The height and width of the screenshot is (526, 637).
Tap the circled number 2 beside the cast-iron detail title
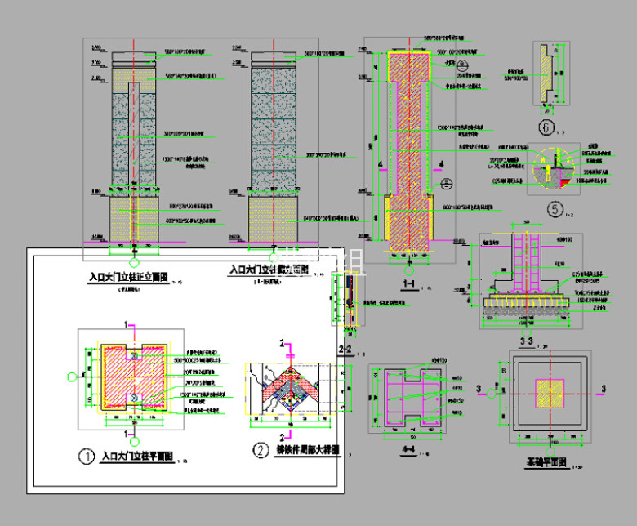pos(261,450)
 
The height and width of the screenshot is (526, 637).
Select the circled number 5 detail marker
pos(556,210)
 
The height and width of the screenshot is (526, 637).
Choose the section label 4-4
pos(408,450)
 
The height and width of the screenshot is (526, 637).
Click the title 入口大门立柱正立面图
pos(127,278)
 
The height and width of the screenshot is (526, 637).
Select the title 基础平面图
pos(547,463)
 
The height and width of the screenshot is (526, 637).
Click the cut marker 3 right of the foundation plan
pos(603,387)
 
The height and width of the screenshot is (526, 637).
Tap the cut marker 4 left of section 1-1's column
pos(380,164)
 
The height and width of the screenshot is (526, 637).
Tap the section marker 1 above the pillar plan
pos(127,324)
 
